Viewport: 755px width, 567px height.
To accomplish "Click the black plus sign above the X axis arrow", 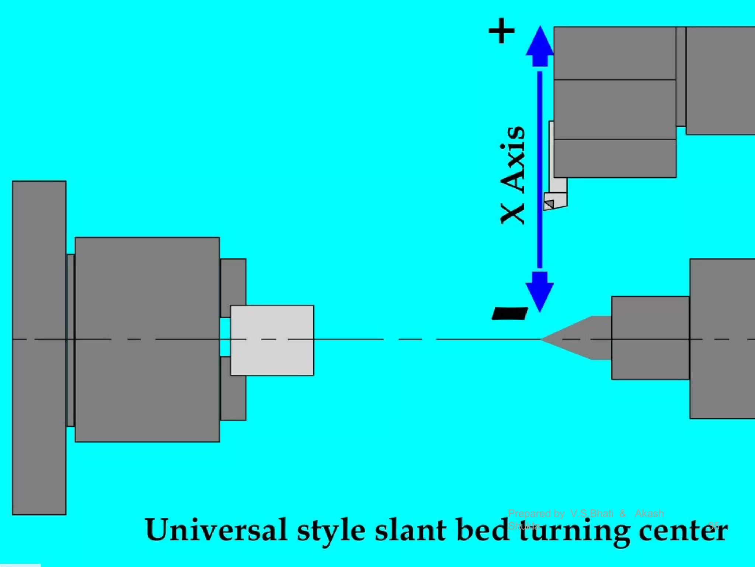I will [x=501, y=31].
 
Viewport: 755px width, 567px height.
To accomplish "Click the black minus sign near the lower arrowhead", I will [x=510, y=313].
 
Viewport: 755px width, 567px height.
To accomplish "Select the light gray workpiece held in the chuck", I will [x=272, y=340].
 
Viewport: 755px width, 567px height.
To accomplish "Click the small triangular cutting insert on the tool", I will [x=549, y=204].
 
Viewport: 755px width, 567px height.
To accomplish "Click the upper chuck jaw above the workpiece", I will [x=233, y=282].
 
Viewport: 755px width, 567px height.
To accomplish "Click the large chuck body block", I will [x=147, y=340].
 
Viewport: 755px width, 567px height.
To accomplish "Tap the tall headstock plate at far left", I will [x=39, y=347].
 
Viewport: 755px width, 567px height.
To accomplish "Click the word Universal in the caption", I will [x=216, y=530].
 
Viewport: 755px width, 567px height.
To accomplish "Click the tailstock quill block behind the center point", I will [x=650, y=338].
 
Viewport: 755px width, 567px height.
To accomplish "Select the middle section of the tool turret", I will [x=615, y=110].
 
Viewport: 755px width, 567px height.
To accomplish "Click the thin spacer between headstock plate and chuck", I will [x=70, y=340].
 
